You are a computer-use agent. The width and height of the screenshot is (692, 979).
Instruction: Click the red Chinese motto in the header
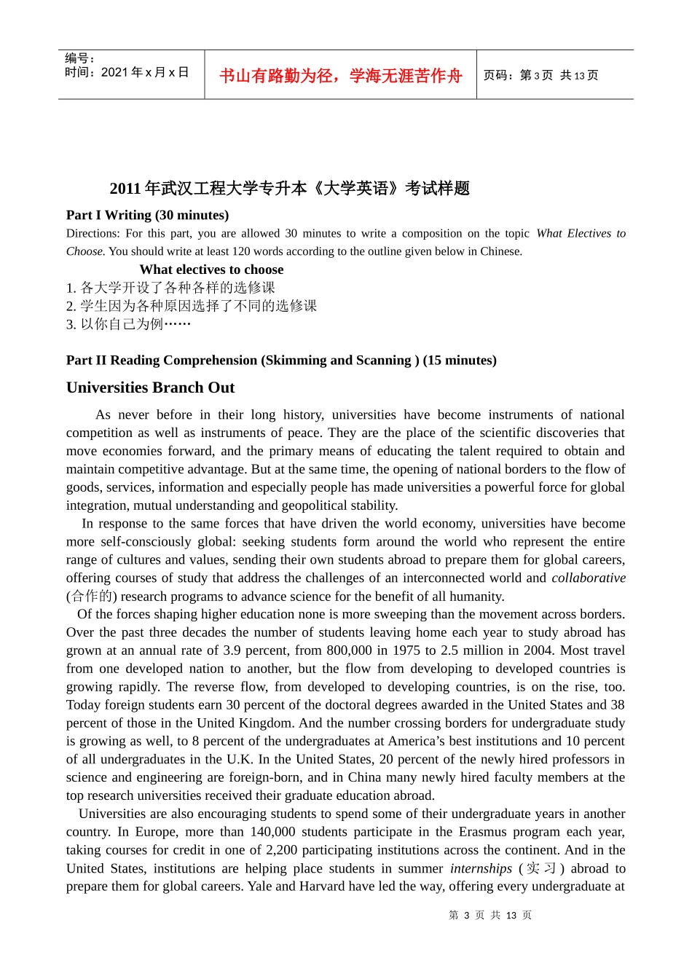point(340,76)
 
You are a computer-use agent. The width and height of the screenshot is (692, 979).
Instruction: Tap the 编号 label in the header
point(79,58)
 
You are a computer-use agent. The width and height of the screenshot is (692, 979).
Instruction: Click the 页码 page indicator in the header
point(540,75)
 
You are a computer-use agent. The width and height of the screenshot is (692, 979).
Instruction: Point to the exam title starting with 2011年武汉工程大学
point(289,189)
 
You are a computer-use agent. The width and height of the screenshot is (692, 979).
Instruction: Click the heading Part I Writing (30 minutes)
point(147,215)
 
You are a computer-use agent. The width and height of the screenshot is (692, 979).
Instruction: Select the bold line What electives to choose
point(211,270)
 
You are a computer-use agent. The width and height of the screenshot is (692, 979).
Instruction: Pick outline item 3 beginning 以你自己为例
point(129,324)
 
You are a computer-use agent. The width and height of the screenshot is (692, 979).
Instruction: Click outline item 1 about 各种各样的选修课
point(171,288)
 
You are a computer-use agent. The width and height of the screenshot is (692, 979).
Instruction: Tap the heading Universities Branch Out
point(150,388)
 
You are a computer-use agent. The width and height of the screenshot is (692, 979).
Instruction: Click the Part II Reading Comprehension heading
point(281,360)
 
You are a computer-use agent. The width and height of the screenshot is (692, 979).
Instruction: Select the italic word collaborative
point(589,578)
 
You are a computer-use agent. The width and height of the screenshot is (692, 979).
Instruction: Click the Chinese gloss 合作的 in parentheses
point(92,596)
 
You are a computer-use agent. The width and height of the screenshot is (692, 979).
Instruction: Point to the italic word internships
point(481,868)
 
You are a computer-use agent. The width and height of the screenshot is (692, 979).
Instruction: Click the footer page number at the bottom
point(490,915)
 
